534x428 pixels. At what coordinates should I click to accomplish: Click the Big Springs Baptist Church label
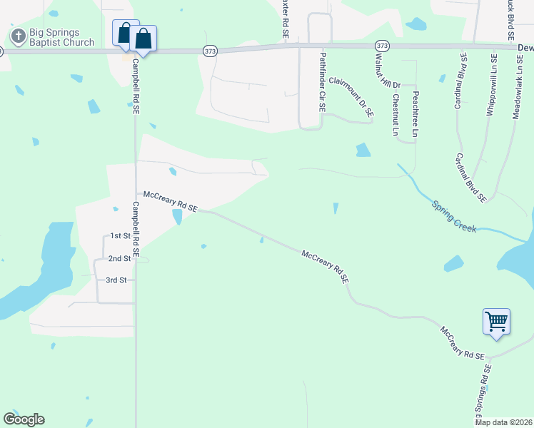tap(61, 37)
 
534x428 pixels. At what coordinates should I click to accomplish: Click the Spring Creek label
tap(453, 215)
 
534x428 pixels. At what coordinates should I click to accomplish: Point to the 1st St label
tap(120, 236)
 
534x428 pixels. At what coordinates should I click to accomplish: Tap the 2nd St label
tap(119, 258)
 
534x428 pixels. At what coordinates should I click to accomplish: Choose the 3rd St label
tap(116, 280)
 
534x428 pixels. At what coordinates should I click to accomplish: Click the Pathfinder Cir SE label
tap(323, 82)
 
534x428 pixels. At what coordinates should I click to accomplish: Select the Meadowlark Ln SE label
tap(516, 86)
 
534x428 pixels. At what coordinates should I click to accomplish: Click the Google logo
tap(24, 419)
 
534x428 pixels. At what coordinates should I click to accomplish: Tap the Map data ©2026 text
tap(503, 422)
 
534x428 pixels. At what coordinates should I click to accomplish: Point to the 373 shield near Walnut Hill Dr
tap(383, 46)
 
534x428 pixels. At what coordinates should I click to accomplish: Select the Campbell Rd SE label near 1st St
tap(136, 228)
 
